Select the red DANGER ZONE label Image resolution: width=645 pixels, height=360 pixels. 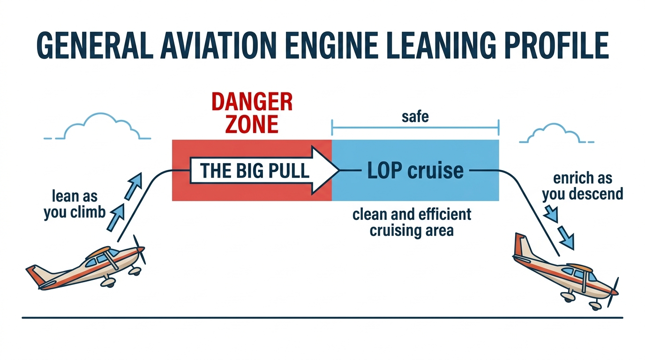pyautogui.click(x=252, y=112)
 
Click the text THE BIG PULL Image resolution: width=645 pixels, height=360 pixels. pyautogui.click(x=255, y=171)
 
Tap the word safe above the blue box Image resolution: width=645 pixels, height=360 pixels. pyautogui.click(x=415, y=116)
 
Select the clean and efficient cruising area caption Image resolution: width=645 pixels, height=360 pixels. pyautogui.click(x=412, y=223)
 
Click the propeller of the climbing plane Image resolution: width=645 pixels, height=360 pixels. pyautogui.click(x=139, y=249)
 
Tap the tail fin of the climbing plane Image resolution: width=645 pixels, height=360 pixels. pyautogui.click(x=36, y=275)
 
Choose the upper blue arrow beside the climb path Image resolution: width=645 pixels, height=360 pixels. pyautogui.click(x=135, y=184)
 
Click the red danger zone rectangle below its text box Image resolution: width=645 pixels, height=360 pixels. pyautogui.click(x=252, y=192)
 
